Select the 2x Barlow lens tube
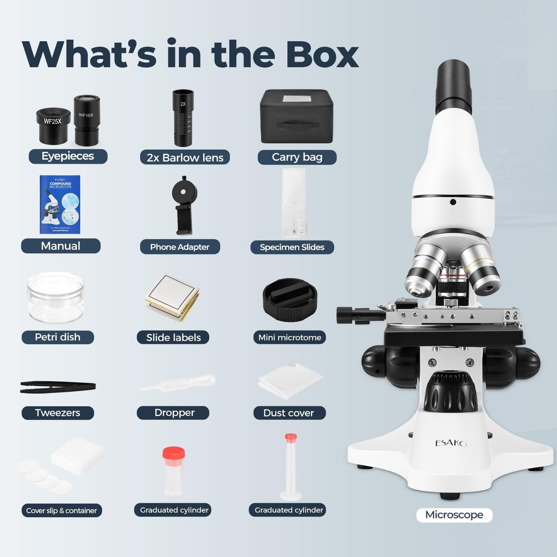point(183,118)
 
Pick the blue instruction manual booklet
point(60,204)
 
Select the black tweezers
point(58,387)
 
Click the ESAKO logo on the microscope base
point(451,443)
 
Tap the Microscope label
point(454,515)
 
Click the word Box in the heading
point(322,54)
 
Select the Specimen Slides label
point(292,247)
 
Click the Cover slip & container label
point(61,510)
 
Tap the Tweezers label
point(57,413)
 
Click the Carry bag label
point(297,157)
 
